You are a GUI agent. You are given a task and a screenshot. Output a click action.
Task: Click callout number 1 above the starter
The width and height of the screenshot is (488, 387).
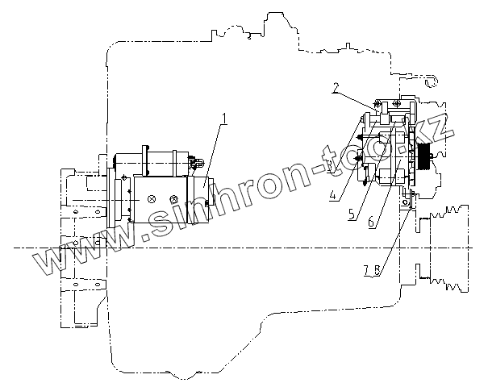(x=225, y=119)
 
